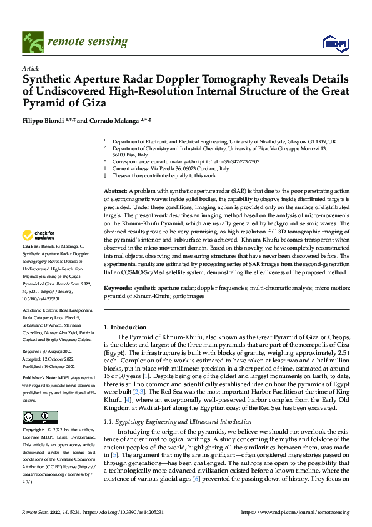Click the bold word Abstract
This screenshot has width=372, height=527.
[x=115, y=190]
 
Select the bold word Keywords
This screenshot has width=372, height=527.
[x=118, y=288]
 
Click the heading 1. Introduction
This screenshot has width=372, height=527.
[x=124, y=327]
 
